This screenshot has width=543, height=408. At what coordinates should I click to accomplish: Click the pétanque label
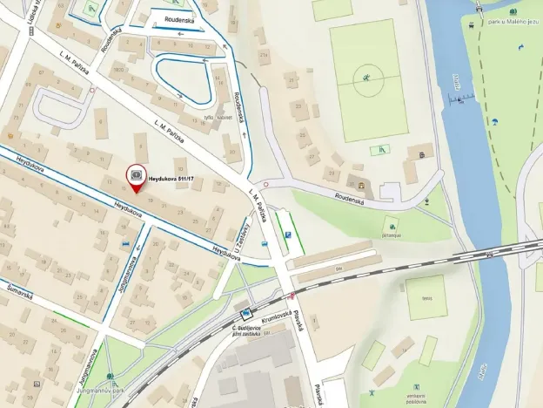pyautogui.click(x=391, y=235)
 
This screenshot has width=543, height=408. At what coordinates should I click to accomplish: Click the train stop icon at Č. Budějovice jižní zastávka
pyautogui.click(x=246, y=311)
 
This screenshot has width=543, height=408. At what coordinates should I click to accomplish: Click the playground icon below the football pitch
pyautogui.click(x=379, y=151)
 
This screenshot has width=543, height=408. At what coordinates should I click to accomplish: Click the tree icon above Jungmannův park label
pyautogui.click(x=111, y=377)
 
